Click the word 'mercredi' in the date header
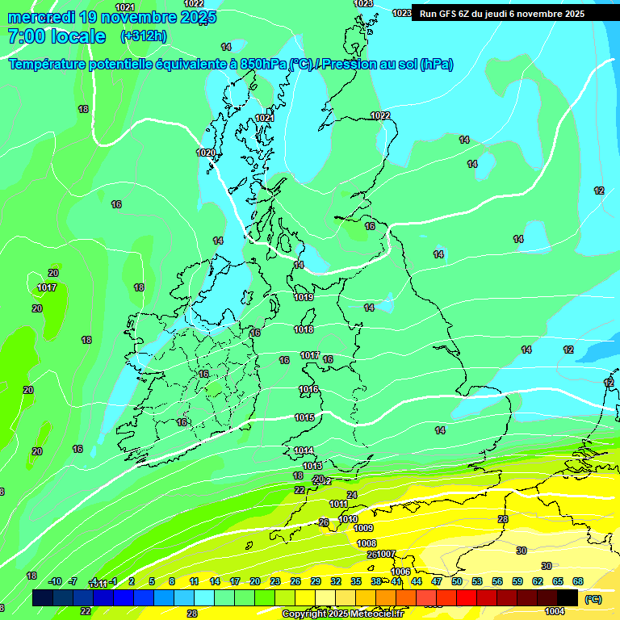click(41, 17)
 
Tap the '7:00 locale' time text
click(57, 36)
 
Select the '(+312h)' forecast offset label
click(144, 36)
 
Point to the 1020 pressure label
click(206, 153)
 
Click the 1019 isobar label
click(304, 297)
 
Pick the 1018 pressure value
click(304, 329)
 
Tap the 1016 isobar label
click(308, 389)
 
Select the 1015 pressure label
click(304, 417)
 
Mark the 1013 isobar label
click(312, 466)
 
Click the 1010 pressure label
click(349, 519)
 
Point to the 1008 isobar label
click(367, 543)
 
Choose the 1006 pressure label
click(400, 572)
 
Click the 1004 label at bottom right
click(555, 611)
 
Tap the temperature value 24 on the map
click(351, 495)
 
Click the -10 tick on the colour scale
click(55, 581)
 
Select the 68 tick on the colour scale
click(578, 581)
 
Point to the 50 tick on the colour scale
click(457, 581)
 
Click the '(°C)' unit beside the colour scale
click(593, 599)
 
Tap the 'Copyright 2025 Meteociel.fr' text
click(343, 614)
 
